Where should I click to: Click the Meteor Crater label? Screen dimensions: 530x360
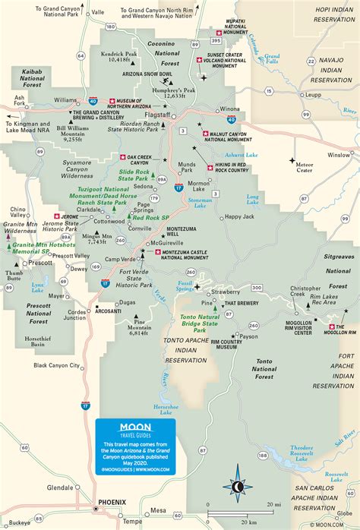(x=305, y=167)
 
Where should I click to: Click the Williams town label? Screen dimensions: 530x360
(x=65, y=99)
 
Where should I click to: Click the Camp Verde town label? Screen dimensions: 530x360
(x=120, y=259)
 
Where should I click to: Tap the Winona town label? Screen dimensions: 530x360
(x=227, y=109)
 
